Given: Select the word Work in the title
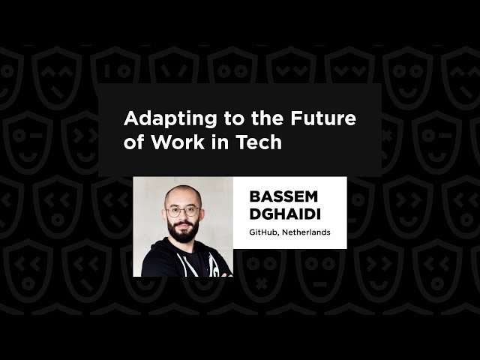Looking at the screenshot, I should click(x=175, y=142).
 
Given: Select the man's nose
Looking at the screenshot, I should click(x=182, y=217).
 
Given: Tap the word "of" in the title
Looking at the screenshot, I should click(x=133, y=142).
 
